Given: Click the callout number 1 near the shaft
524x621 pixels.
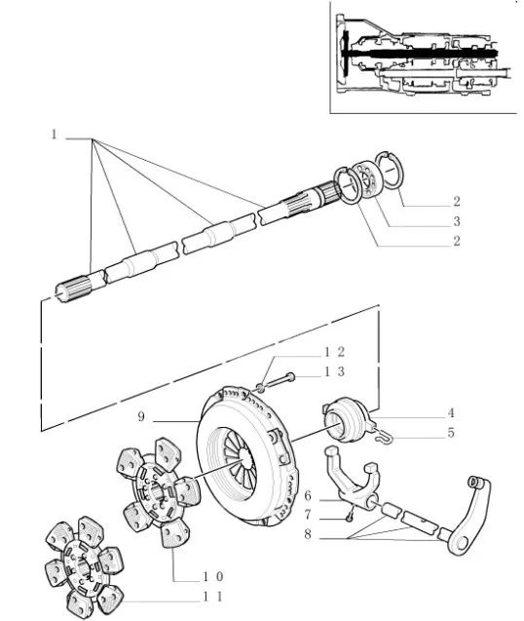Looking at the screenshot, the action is coord(55,135).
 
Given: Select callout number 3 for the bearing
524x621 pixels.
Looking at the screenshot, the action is coord(457,221).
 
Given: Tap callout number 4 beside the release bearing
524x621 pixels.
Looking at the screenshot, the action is coord(451,413).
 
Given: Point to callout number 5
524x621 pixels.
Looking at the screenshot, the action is coord(451,433).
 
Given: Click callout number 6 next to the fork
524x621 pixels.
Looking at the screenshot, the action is coord(308,496).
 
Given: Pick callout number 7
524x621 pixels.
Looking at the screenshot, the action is coord(308,515).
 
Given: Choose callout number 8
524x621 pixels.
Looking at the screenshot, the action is coord(308,534).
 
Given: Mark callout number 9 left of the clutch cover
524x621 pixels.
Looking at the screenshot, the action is coord(141,416).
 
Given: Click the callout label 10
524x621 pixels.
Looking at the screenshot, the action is coord(213,577).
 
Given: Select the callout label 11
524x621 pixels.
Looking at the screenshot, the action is coord(213,597).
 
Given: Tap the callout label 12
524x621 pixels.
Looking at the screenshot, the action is coord(335,352).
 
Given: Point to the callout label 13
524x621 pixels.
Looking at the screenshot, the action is coord(335,371).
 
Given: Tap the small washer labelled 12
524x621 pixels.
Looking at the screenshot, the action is coord(261,387).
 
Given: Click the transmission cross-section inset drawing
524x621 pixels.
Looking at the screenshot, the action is coord(423,58).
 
